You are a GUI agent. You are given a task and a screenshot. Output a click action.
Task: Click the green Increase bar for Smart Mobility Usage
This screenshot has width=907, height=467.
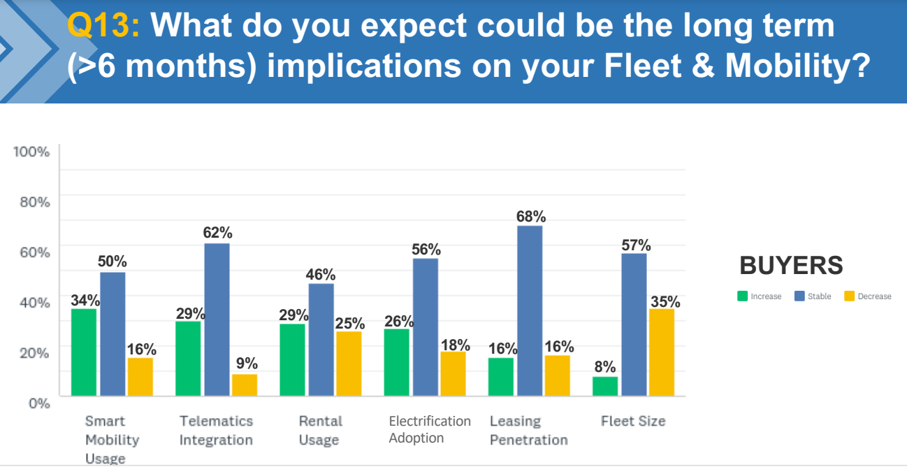(84, 352)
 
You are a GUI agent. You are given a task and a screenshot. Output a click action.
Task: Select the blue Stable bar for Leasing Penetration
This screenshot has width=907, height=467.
(530, 311)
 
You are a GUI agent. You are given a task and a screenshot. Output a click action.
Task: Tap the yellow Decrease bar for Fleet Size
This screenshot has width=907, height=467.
(662, 352)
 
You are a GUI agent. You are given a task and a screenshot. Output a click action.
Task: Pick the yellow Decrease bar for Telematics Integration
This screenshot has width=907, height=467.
(245, 385)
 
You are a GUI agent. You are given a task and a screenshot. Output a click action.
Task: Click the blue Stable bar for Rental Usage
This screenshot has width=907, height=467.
(321, 340)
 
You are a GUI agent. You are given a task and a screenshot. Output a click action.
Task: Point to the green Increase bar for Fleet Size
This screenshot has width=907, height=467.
(605, 387)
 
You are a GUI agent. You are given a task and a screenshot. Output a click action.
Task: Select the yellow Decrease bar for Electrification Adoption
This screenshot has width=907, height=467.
(453, 374)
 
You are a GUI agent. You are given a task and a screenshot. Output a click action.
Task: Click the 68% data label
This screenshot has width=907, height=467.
(531, 217)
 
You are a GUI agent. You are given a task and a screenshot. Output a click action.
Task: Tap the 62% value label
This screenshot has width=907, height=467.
(218, 233)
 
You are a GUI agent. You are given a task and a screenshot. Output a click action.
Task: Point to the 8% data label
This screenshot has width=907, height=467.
(605, 367)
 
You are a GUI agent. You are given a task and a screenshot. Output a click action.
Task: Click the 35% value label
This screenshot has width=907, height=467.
(665, 301)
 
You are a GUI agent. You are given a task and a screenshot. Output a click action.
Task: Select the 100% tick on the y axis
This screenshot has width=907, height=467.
(32, 152)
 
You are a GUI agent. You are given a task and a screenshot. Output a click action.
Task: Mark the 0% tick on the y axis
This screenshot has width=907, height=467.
(38, 403)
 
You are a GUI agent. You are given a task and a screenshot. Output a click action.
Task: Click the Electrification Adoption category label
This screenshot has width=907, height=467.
(430, 429)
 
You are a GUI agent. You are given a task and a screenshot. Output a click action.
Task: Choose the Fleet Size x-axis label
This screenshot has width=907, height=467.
(633, 421)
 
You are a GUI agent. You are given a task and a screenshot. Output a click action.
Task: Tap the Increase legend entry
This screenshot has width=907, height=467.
(760, 296)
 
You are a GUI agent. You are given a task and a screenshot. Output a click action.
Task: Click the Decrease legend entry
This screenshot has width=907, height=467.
(868, 296)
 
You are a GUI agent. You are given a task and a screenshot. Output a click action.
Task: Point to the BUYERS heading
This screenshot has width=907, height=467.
(791, 266)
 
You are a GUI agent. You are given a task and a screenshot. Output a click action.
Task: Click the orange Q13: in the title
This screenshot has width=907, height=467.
(103, 26)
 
